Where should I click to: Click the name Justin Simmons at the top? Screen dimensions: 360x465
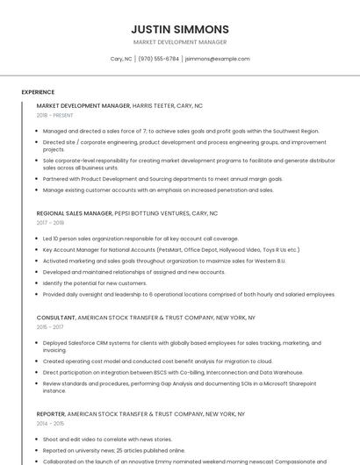[x=180, y=29]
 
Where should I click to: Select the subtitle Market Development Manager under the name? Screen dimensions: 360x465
[x=180, y=42]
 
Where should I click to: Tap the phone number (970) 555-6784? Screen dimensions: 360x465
[x=158, y=59]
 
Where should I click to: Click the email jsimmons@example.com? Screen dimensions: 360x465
[x=217, y=59]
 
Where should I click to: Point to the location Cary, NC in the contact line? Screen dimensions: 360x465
[x=121, y=59]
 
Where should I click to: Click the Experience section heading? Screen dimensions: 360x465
[x=38, y=92]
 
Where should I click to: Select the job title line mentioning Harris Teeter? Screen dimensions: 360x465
[x=119, y=105]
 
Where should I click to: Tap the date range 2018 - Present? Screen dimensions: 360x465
[x=54, y=115]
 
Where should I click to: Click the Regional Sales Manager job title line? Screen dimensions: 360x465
[x=126, y=213]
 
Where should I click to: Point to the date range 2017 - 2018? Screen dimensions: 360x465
[x=50, y=223]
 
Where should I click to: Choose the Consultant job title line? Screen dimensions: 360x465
[x=146, y=318]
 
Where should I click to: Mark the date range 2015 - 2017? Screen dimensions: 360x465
[x=50, y=327]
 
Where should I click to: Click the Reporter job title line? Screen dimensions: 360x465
[x=140, y=413]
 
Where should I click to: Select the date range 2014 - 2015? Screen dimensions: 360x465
[x=50, y=423]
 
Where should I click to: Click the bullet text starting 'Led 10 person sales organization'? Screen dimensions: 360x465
[x=140, y=239]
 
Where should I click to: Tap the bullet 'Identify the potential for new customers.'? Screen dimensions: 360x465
[x=95, y=283]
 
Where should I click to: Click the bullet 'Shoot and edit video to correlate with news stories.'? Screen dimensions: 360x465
[x=107, y=439]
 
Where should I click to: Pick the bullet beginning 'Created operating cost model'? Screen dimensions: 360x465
[x=158, y=361]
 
